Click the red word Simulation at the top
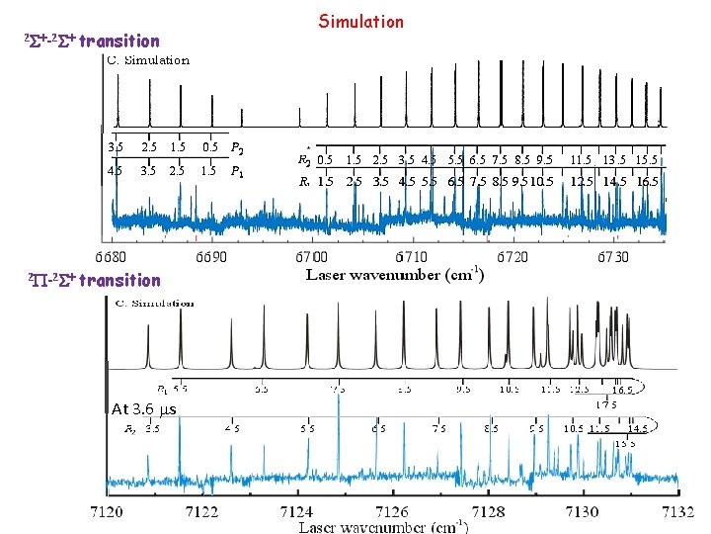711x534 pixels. click(360, 21)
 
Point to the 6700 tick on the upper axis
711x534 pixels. click(313, 256)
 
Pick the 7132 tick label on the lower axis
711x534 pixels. click(677, 511)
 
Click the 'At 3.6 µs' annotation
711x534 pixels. click(145, 408)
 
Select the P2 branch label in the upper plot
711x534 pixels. click(237, 149)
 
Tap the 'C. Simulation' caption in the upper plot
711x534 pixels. click(148, 60)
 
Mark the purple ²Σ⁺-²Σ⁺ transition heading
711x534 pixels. click(91, 41)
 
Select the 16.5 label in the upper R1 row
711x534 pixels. click(648, 182)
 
